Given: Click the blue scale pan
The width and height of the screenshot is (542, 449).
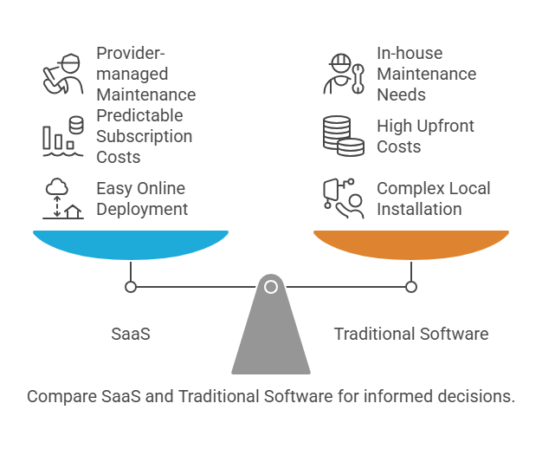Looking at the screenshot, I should pos(131,244).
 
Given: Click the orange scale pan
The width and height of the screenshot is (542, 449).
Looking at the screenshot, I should pos(411,244).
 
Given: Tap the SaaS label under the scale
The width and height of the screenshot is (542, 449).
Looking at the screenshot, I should pos(131,334).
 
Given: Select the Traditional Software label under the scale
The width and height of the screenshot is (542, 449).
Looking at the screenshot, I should pos(411,334).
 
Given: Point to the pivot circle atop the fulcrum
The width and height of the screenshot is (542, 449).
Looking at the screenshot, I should pos(271,286).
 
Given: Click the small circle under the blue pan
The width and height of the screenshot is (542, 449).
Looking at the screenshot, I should pos(131,286).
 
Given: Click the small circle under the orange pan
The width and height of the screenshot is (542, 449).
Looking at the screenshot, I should pos(411,286).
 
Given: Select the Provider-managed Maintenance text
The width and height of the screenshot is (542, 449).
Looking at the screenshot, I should pos(145,74).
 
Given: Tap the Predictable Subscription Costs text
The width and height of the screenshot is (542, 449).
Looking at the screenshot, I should pos(144,136).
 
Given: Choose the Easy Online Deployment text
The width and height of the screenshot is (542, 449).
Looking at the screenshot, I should pos(140,198).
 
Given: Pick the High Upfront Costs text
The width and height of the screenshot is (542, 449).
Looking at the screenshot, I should pos(425,136).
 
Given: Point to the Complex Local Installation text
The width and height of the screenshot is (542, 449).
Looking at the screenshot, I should pos(433,198).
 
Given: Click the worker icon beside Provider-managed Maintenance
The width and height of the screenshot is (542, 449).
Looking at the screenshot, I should pos(63,75).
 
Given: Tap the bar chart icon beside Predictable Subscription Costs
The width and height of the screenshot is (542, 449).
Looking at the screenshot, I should pos(63,136).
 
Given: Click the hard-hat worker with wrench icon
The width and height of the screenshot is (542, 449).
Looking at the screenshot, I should pos(344,75).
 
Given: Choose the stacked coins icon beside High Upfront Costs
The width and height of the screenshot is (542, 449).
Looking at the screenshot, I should pos(344,136).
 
